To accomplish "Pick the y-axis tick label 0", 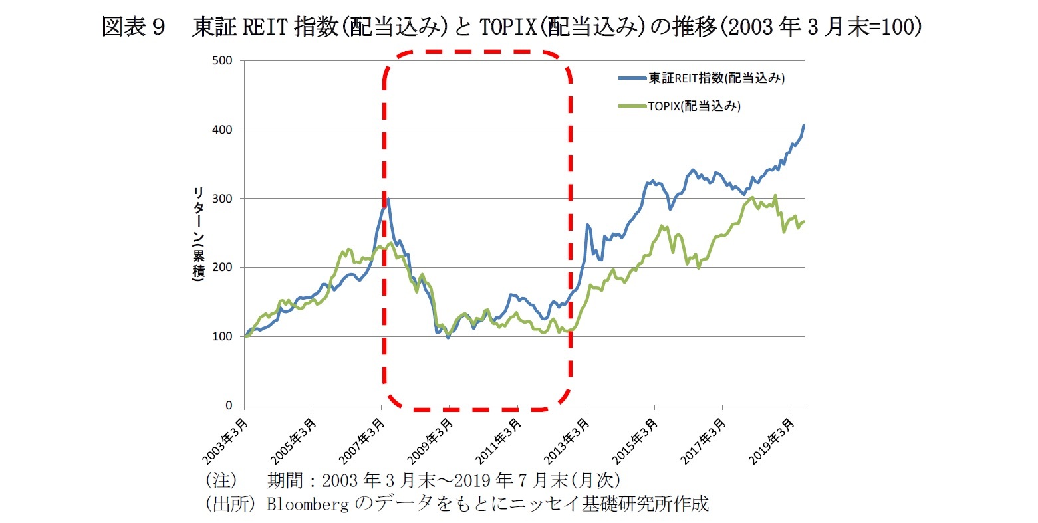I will click(x=229, y=405).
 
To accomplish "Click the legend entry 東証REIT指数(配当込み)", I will click(x=716, y=78).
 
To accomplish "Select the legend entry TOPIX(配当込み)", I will click(x=694, y=106).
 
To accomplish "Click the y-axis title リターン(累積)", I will click(x=198, y=234).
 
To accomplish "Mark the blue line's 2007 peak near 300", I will click(x=388, y=199).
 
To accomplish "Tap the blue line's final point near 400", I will click(x=803, y=126).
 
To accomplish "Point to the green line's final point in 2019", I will click(x=803, y=221).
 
